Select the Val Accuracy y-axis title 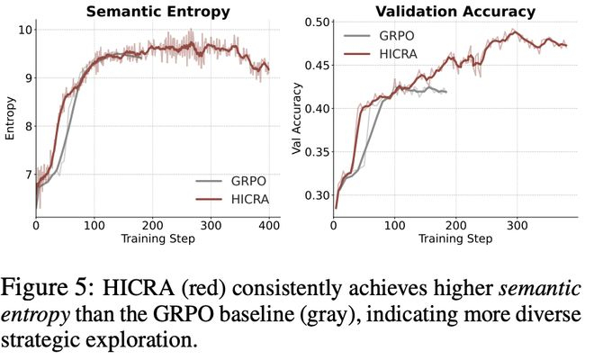(298, 119)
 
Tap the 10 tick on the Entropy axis (23, 30)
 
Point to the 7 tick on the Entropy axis (27, 174)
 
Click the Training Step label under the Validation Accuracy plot (455, 239)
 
